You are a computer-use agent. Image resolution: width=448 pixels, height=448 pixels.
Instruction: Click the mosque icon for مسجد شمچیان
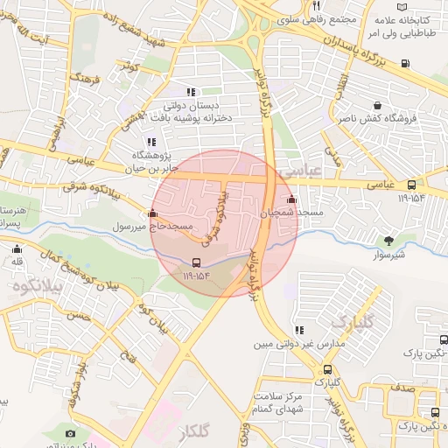pos(291,199)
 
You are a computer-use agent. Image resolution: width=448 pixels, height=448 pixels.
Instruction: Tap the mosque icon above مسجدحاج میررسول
pos(153,213)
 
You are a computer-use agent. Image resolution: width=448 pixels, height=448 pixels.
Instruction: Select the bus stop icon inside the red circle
pos(196,262)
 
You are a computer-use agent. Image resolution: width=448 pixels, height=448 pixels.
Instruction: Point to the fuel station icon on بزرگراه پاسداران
pos(404,63)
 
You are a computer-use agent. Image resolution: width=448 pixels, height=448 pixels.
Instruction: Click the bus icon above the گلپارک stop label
pos(327,370)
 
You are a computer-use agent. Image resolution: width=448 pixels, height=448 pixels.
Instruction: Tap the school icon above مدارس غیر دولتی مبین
pos(299,331)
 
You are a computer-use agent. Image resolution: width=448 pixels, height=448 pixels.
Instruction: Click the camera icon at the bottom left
pos(70,434)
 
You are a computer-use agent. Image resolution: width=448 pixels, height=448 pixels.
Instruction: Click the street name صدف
pos(403,385)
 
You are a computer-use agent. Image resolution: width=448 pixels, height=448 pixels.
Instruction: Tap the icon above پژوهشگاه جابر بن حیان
pos(151,143)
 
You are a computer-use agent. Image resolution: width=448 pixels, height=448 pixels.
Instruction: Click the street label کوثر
pos(131,66)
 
